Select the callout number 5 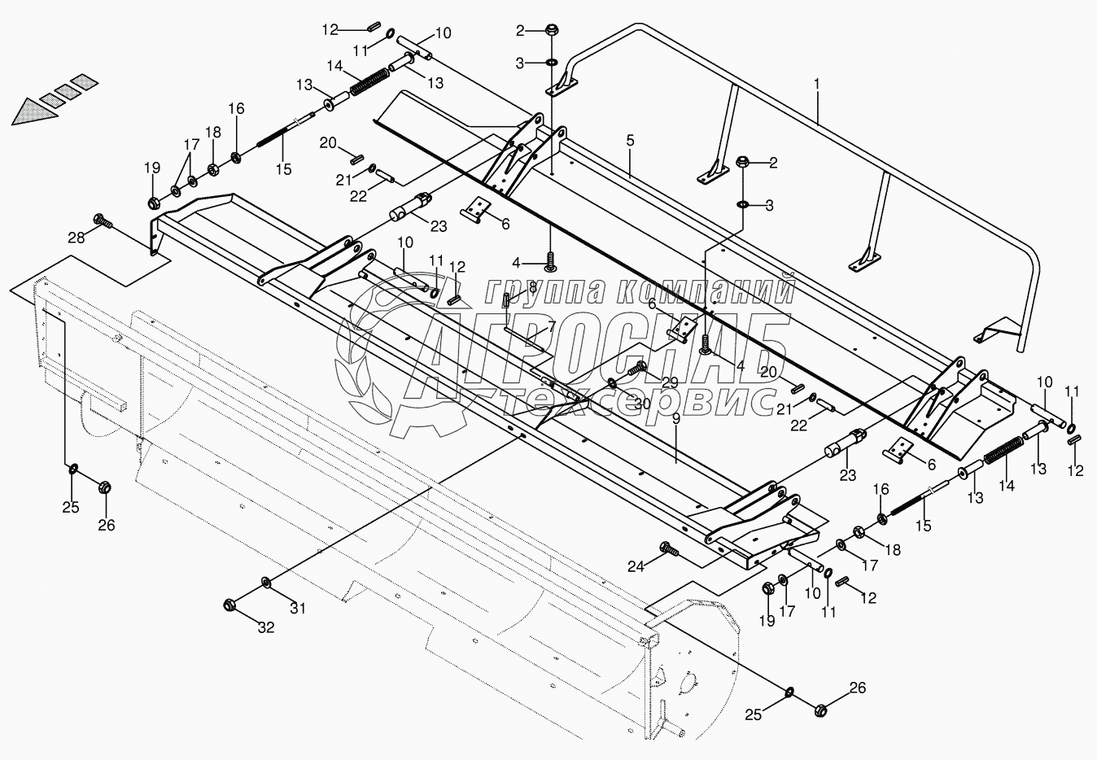(630, 140)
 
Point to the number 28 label (76, 237)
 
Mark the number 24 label (636, 566)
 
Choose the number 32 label (266, 627)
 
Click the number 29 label (669, 382)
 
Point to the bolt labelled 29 (639, 370)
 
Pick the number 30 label (642, 404)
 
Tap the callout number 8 (532, 286)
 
